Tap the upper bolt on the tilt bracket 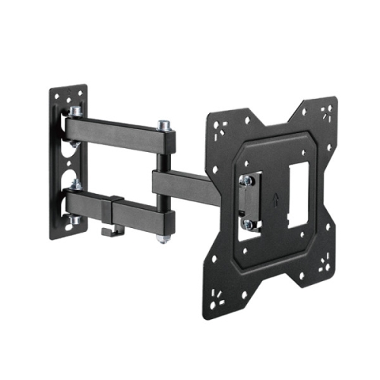point(247,181)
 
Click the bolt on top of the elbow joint point(163,124)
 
